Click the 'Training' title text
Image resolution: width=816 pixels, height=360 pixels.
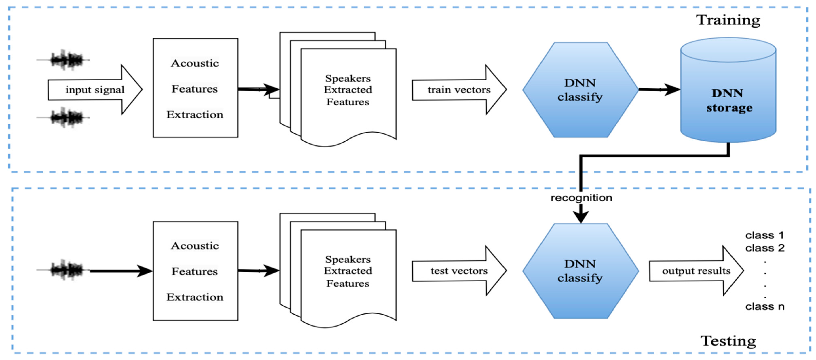pos(728,20)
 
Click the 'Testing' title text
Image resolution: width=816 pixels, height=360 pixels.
pos(728,341)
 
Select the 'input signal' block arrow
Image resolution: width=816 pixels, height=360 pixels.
pos(95,90)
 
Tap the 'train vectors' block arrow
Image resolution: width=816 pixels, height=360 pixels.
pos(459,90)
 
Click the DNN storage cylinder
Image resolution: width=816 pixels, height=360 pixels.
pos(728,95)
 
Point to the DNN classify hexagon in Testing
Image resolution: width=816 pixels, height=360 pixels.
pos(580,271)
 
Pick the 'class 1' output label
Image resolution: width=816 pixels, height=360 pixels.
pos(765,235)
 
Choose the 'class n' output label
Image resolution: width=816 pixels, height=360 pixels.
pos(765,306)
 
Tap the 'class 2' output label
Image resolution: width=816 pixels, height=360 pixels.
pos(765,248)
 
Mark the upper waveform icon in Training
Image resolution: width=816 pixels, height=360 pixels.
pos(66,60)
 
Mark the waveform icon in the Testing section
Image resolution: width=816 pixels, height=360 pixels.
pos(66,270)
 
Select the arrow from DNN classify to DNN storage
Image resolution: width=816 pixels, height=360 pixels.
pos(659,90)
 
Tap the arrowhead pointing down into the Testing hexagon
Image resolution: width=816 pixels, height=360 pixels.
pos(581,218)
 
